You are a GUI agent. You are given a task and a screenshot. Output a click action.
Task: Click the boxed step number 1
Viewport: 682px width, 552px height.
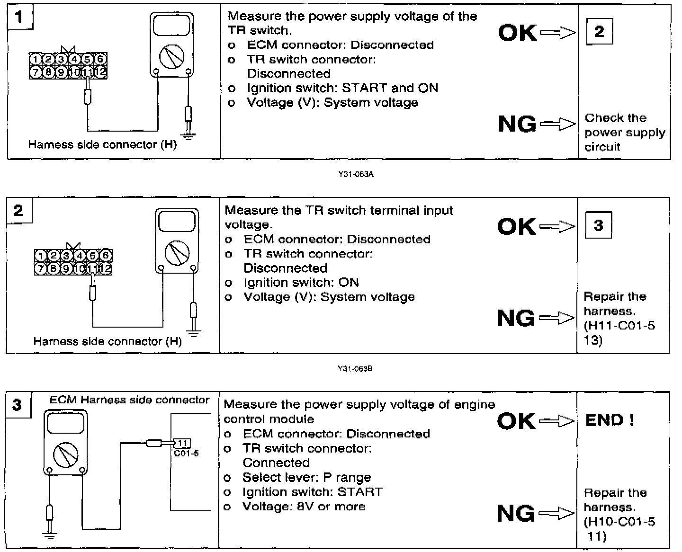(x=19, y=18)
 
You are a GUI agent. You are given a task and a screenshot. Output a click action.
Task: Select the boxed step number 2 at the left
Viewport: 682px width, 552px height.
(x=18, y=210)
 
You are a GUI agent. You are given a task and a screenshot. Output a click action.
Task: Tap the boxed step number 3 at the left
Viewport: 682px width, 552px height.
(x=18, y=405)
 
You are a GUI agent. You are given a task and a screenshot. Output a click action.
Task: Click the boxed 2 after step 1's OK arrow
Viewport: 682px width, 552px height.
(x=599, y=32)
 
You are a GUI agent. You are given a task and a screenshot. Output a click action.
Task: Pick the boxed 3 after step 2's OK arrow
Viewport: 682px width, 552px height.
(x=598, y=225)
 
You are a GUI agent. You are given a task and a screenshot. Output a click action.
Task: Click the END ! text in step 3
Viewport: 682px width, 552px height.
(x=610, y=420)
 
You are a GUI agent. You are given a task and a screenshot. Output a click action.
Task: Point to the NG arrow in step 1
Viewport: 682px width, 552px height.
(x=557, y=125)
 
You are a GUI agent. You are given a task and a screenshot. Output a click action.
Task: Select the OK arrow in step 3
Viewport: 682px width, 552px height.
(x=556, y=420)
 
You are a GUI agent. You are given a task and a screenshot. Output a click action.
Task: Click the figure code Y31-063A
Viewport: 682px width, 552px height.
(x=356, y=175)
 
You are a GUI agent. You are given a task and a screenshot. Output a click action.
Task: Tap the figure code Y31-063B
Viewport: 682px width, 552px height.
(x=355, y=369)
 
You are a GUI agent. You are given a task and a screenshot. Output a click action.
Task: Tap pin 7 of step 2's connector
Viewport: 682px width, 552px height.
(x=41, y=269)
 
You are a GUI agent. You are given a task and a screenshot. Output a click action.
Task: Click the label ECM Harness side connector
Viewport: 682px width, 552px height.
(x=129, y=400)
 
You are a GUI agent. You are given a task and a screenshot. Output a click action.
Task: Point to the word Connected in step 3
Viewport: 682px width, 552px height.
(x=276, y=463)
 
